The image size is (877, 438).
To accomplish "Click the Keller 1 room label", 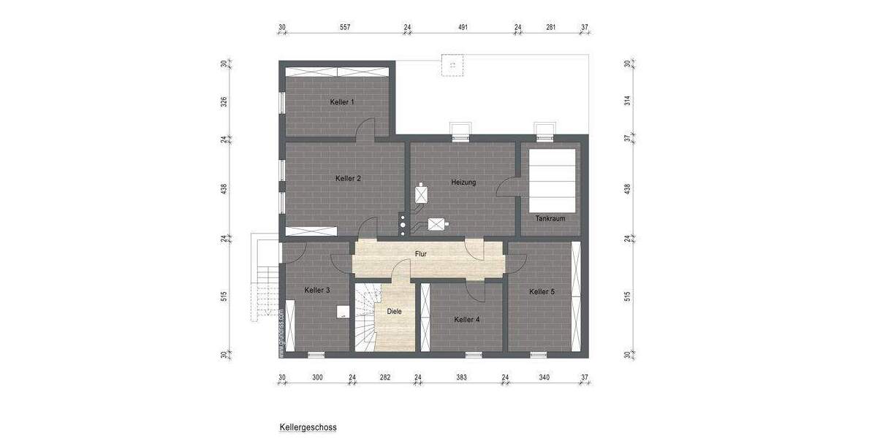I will (x=342, y=102).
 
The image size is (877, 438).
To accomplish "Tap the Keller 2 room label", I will (x=349, y=179).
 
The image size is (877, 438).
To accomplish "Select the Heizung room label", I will (x=463, y=182).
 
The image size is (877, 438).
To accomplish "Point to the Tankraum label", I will (x=550, y=219).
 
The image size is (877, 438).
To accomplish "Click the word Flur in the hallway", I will (x=420, y=254).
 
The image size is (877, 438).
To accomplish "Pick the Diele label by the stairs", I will (x=394, y=312).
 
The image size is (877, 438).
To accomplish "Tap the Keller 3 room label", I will (x=317, y=291).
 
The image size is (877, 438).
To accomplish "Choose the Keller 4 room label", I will (x=466, y=320).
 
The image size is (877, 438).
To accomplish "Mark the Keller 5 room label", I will (x=542, y=292).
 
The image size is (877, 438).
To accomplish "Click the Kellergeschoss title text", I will (x=308, y=427).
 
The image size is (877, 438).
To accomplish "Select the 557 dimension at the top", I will (x=345, y=28).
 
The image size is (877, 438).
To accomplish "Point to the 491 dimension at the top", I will (x=463, y=28).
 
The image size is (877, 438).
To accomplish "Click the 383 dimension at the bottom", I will (x=461, y=377).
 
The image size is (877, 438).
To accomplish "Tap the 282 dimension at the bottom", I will (x=385, y=377).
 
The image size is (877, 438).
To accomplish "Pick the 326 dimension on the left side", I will (x=225, y=101).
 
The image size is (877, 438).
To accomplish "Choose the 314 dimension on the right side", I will (x=628, y=101).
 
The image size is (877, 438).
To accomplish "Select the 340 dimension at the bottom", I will (x=544, y=377).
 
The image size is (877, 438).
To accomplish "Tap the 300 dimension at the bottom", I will (x=317, y=377).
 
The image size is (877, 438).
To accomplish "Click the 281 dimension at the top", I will (x=551, y=28).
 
